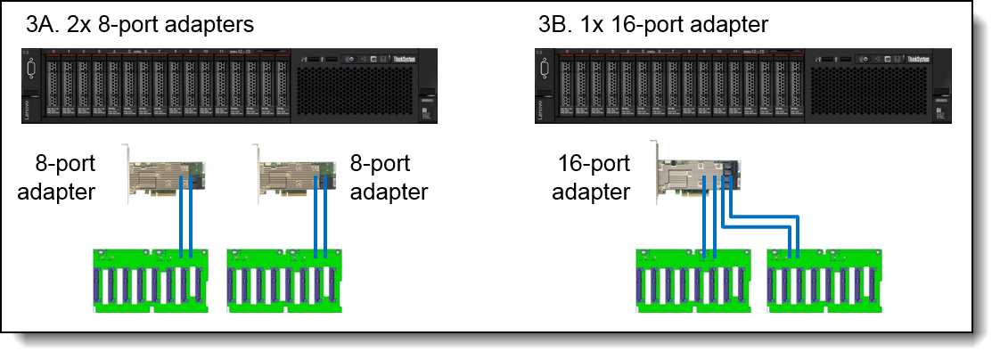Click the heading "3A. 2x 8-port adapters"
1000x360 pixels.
coord(140,24)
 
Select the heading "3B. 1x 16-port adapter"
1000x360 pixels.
coord(653,24)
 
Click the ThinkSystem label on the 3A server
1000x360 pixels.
coord(405,61)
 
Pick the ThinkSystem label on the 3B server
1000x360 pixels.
coord(920,61)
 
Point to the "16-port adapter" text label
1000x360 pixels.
coord(593,179)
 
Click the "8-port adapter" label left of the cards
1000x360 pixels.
coord(65,177)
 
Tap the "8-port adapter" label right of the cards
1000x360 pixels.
coord(387,177)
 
